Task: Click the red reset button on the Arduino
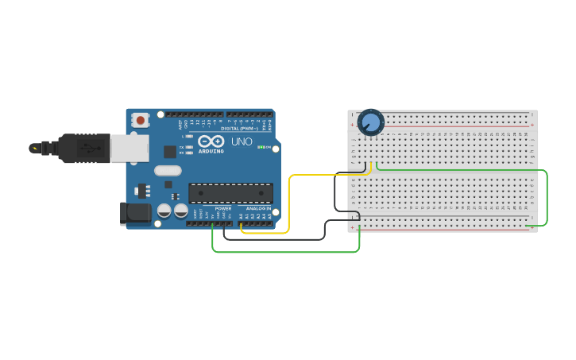click(141, 121)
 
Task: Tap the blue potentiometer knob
click(370, 122)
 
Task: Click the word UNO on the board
click(242, 142)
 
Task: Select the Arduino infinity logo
click(211, 141)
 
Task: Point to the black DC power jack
click(135, 213)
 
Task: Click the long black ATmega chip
click(230, 192)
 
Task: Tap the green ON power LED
click(261, 147)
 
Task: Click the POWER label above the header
click(222, 208)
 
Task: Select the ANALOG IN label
click(257, 208)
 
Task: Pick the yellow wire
click(289, 199)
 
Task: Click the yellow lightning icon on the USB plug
click(34, 148)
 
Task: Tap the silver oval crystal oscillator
click(168, 170)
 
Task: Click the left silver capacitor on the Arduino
click(164, 211)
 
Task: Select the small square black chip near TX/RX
click(170, 152)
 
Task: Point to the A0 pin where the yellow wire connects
click(241, 223)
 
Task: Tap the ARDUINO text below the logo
click(211, 150)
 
